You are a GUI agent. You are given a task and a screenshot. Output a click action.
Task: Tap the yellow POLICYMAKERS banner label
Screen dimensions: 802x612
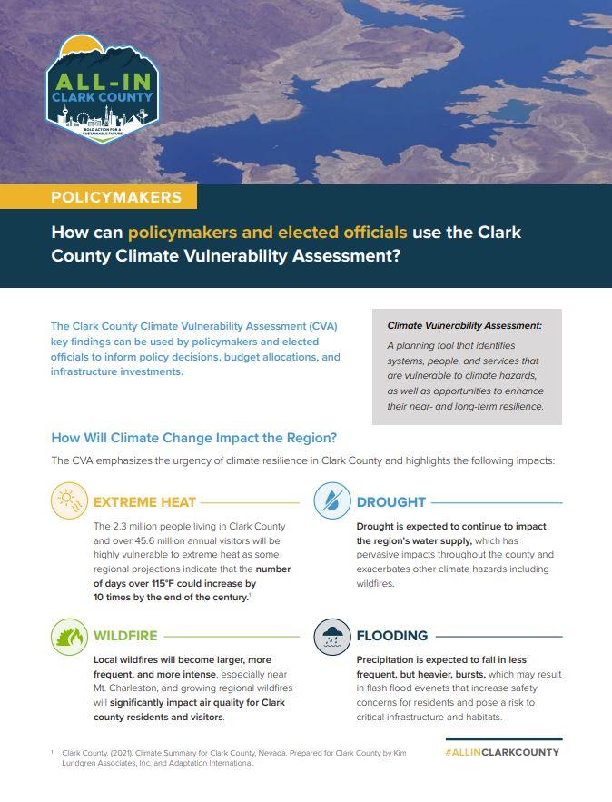[116, 197]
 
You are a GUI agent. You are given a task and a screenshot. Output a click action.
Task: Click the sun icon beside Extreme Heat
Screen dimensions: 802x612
[69, 500]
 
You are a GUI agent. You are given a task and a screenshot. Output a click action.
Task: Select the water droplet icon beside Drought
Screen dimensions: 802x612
[332, 500]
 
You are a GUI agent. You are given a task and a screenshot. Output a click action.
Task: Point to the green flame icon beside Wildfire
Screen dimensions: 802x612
[69, 636]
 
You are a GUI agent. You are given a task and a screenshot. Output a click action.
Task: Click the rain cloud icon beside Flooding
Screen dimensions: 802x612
[332, 636]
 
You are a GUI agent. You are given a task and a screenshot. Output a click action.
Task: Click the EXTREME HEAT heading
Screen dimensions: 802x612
[144, 501]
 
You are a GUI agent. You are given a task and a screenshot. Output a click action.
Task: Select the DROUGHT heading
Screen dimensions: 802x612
[390, 501]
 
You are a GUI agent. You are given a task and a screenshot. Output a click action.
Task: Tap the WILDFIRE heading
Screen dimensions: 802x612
[125, 636]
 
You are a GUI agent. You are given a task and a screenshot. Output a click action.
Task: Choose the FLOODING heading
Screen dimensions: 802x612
[391, 636]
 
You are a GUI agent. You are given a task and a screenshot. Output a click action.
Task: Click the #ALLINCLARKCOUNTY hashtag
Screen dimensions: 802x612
[502, 752]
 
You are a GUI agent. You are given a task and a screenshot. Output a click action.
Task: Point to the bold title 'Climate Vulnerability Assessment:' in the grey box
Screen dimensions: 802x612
[464, 325]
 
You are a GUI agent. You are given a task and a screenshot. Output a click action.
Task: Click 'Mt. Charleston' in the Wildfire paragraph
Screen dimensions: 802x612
[127, 688]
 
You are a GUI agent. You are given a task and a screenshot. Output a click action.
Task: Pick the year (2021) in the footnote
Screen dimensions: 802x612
[122, 753]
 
